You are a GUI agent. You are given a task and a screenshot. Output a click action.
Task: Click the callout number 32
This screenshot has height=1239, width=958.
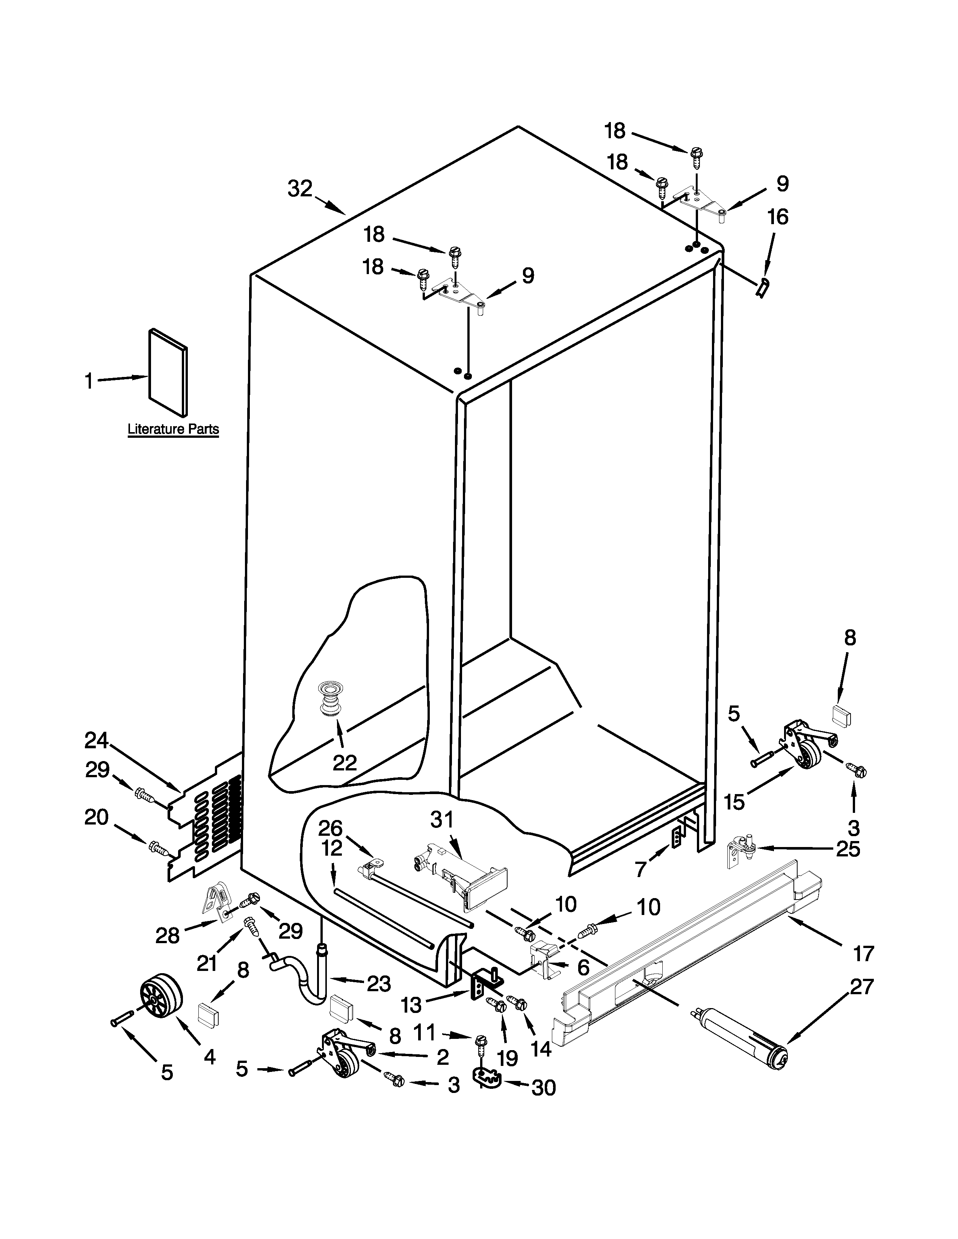coord(300,189)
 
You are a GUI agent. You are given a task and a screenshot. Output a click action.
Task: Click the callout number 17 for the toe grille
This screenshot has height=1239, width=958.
coord(863,954)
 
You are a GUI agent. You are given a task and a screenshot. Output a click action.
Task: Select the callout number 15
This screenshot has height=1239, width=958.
coord(734,803)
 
